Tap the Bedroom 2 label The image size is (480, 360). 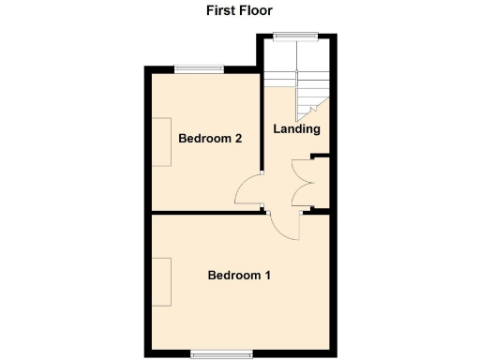[x=211, y=139]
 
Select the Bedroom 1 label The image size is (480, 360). [x=239, y=276]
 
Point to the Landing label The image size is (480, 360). [x=296, y=129]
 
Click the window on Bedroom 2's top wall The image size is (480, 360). [x=199, y=67]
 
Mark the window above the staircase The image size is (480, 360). [x=296, y=37]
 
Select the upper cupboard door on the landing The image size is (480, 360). [x=302, y=171]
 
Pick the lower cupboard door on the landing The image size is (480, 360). [x=302, y=194]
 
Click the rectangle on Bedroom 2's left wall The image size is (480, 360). [x=163, y=142]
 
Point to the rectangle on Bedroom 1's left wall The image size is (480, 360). [x=163, y=282]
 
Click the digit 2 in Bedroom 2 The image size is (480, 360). [x=239, y=139]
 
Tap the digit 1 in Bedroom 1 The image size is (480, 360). [x=267, y=276]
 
